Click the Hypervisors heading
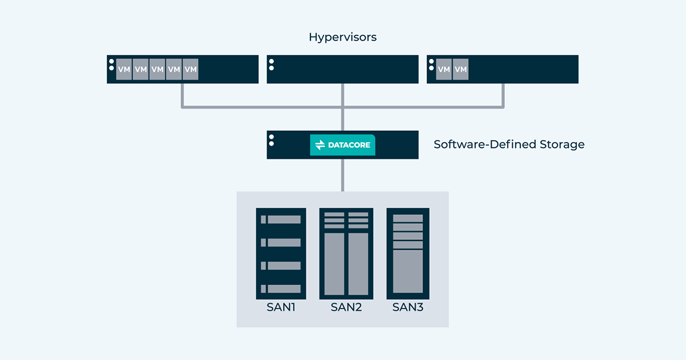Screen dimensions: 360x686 [x=342, y=37]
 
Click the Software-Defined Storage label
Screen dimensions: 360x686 [x=509, y=145]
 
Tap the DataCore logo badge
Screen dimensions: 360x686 [x=342, y=145]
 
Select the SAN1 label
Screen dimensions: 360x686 [x=281, y=307]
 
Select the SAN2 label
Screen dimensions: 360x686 [x=346, y=307]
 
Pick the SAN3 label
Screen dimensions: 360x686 [x=408, y=307]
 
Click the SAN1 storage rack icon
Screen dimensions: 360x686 [x=281, y=253]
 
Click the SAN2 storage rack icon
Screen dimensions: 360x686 [x=346, y=253]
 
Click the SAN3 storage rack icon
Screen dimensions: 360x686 [x=408, y=253]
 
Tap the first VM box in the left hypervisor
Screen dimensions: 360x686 [x=124, y=70]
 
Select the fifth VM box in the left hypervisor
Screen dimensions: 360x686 [x=190, y=70]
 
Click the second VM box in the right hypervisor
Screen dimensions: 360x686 [x=460, y=70]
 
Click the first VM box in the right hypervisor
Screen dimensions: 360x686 [x=444, y=70]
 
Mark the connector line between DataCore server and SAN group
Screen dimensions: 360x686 [x=342, y=175]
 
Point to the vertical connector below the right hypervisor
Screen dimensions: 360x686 [x=503, y=95]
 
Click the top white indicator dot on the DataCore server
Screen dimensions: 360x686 [x=272, y=137]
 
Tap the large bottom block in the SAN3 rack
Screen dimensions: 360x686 [x=408, y=271]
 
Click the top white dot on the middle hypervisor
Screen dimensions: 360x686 [x=272, y=62]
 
